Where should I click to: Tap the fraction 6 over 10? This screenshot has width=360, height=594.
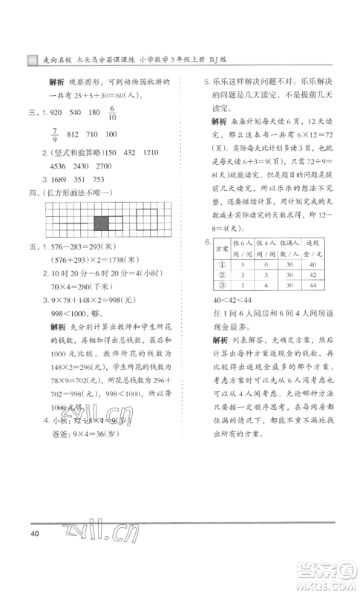(x=113, y=115)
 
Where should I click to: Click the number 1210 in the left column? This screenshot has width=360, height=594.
(x=150, y=152)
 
